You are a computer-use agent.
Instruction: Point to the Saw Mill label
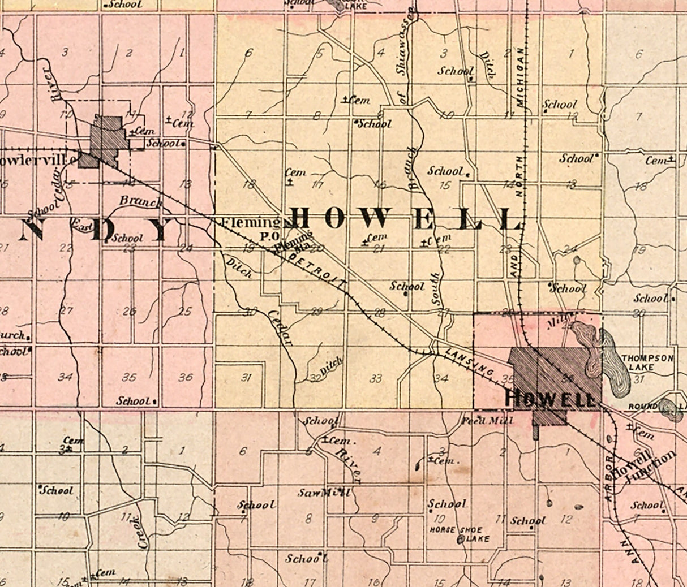324,493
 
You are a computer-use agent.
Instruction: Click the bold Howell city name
549,399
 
